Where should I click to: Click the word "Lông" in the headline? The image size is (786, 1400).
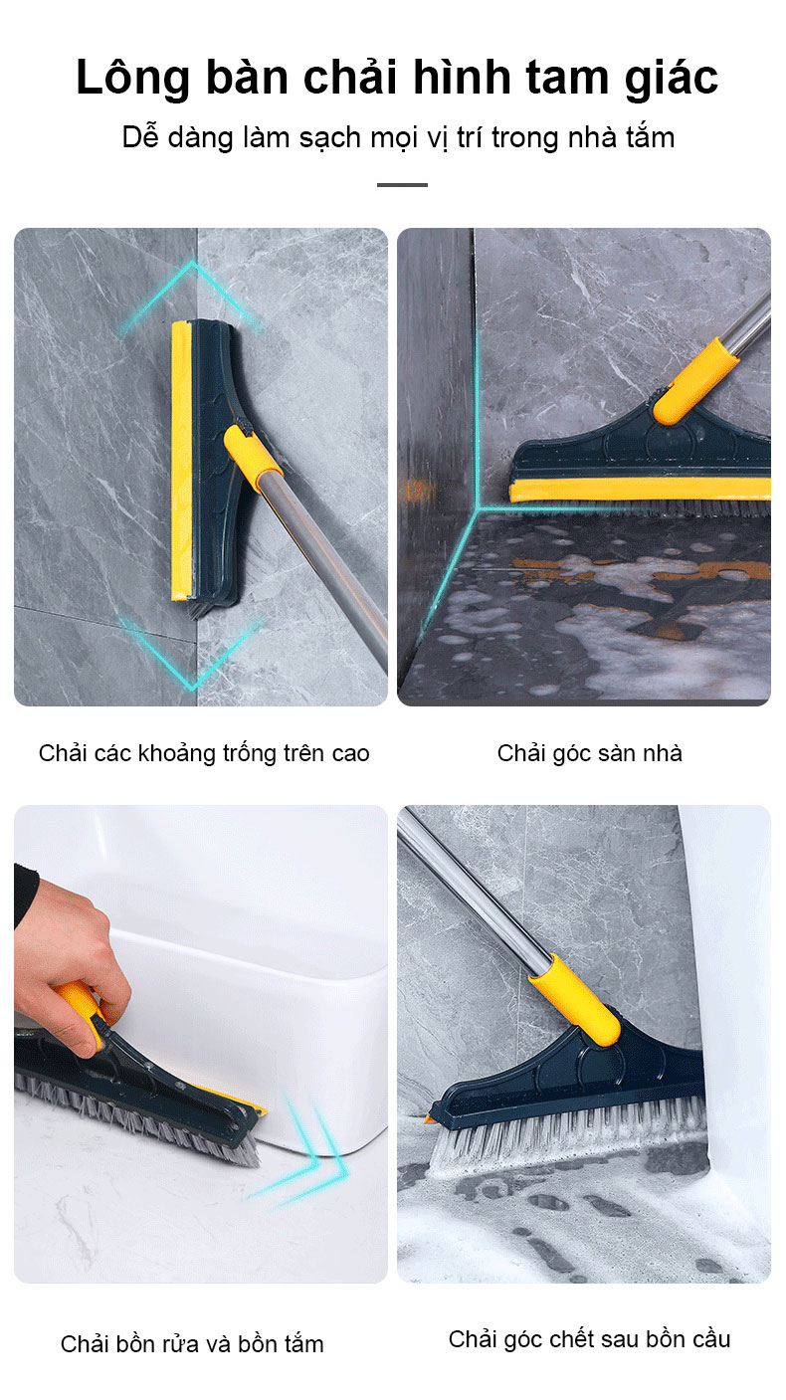[x=132, y=79]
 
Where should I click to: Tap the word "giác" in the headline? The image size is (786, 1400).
[x=671, y=79]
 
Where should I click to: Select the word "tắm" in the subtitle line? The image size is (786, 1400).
[x=650, y=137]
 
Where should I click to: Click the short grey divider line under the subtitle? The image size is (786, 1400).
[x=402, y=185]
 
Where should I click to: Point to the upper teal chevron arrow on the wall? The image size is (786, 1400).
[x=192, y=294]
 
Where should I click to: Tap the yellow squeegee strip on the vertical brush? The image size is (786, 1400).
[x=180, y=462]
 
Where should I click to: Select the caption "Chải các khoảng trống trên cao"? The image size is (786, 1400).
[x=204, y=754]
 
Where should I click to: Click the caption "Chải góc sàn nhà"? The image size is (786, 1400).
[x=590, y=754]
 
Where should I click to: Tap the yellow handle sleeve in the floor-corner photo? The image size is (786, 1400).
[x=694, y=381]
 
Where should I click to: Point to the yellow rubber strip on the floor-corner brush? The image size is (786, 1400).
[x=641, y=490]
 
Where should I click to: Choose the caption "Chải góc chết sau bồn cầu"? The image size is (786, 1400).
[x=590, y=1340]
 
